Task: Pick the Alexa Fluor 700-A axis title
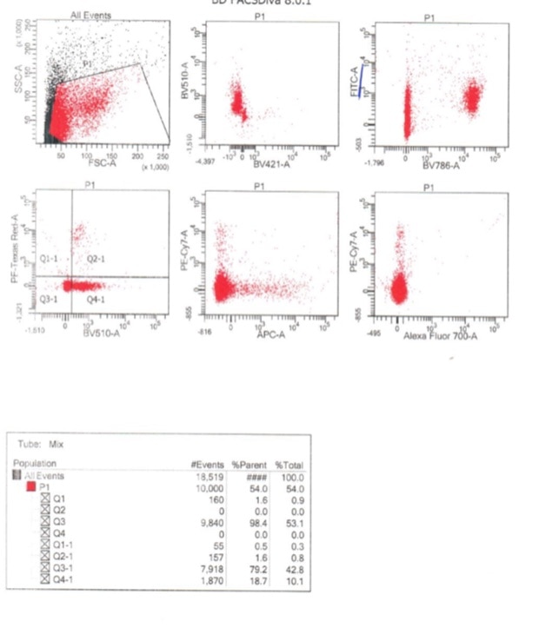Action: point(440,334)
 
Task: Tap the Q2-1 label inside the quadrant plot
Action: point(96,259)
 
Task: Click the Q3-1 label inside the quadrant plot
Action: point(50,298)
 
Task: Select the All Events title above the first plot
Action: point(90,16)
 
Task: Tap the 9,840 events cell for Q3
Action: point(211,523)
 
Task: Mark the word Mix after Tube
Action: point(57,444)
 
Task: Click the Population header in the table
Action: point(35,465)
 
